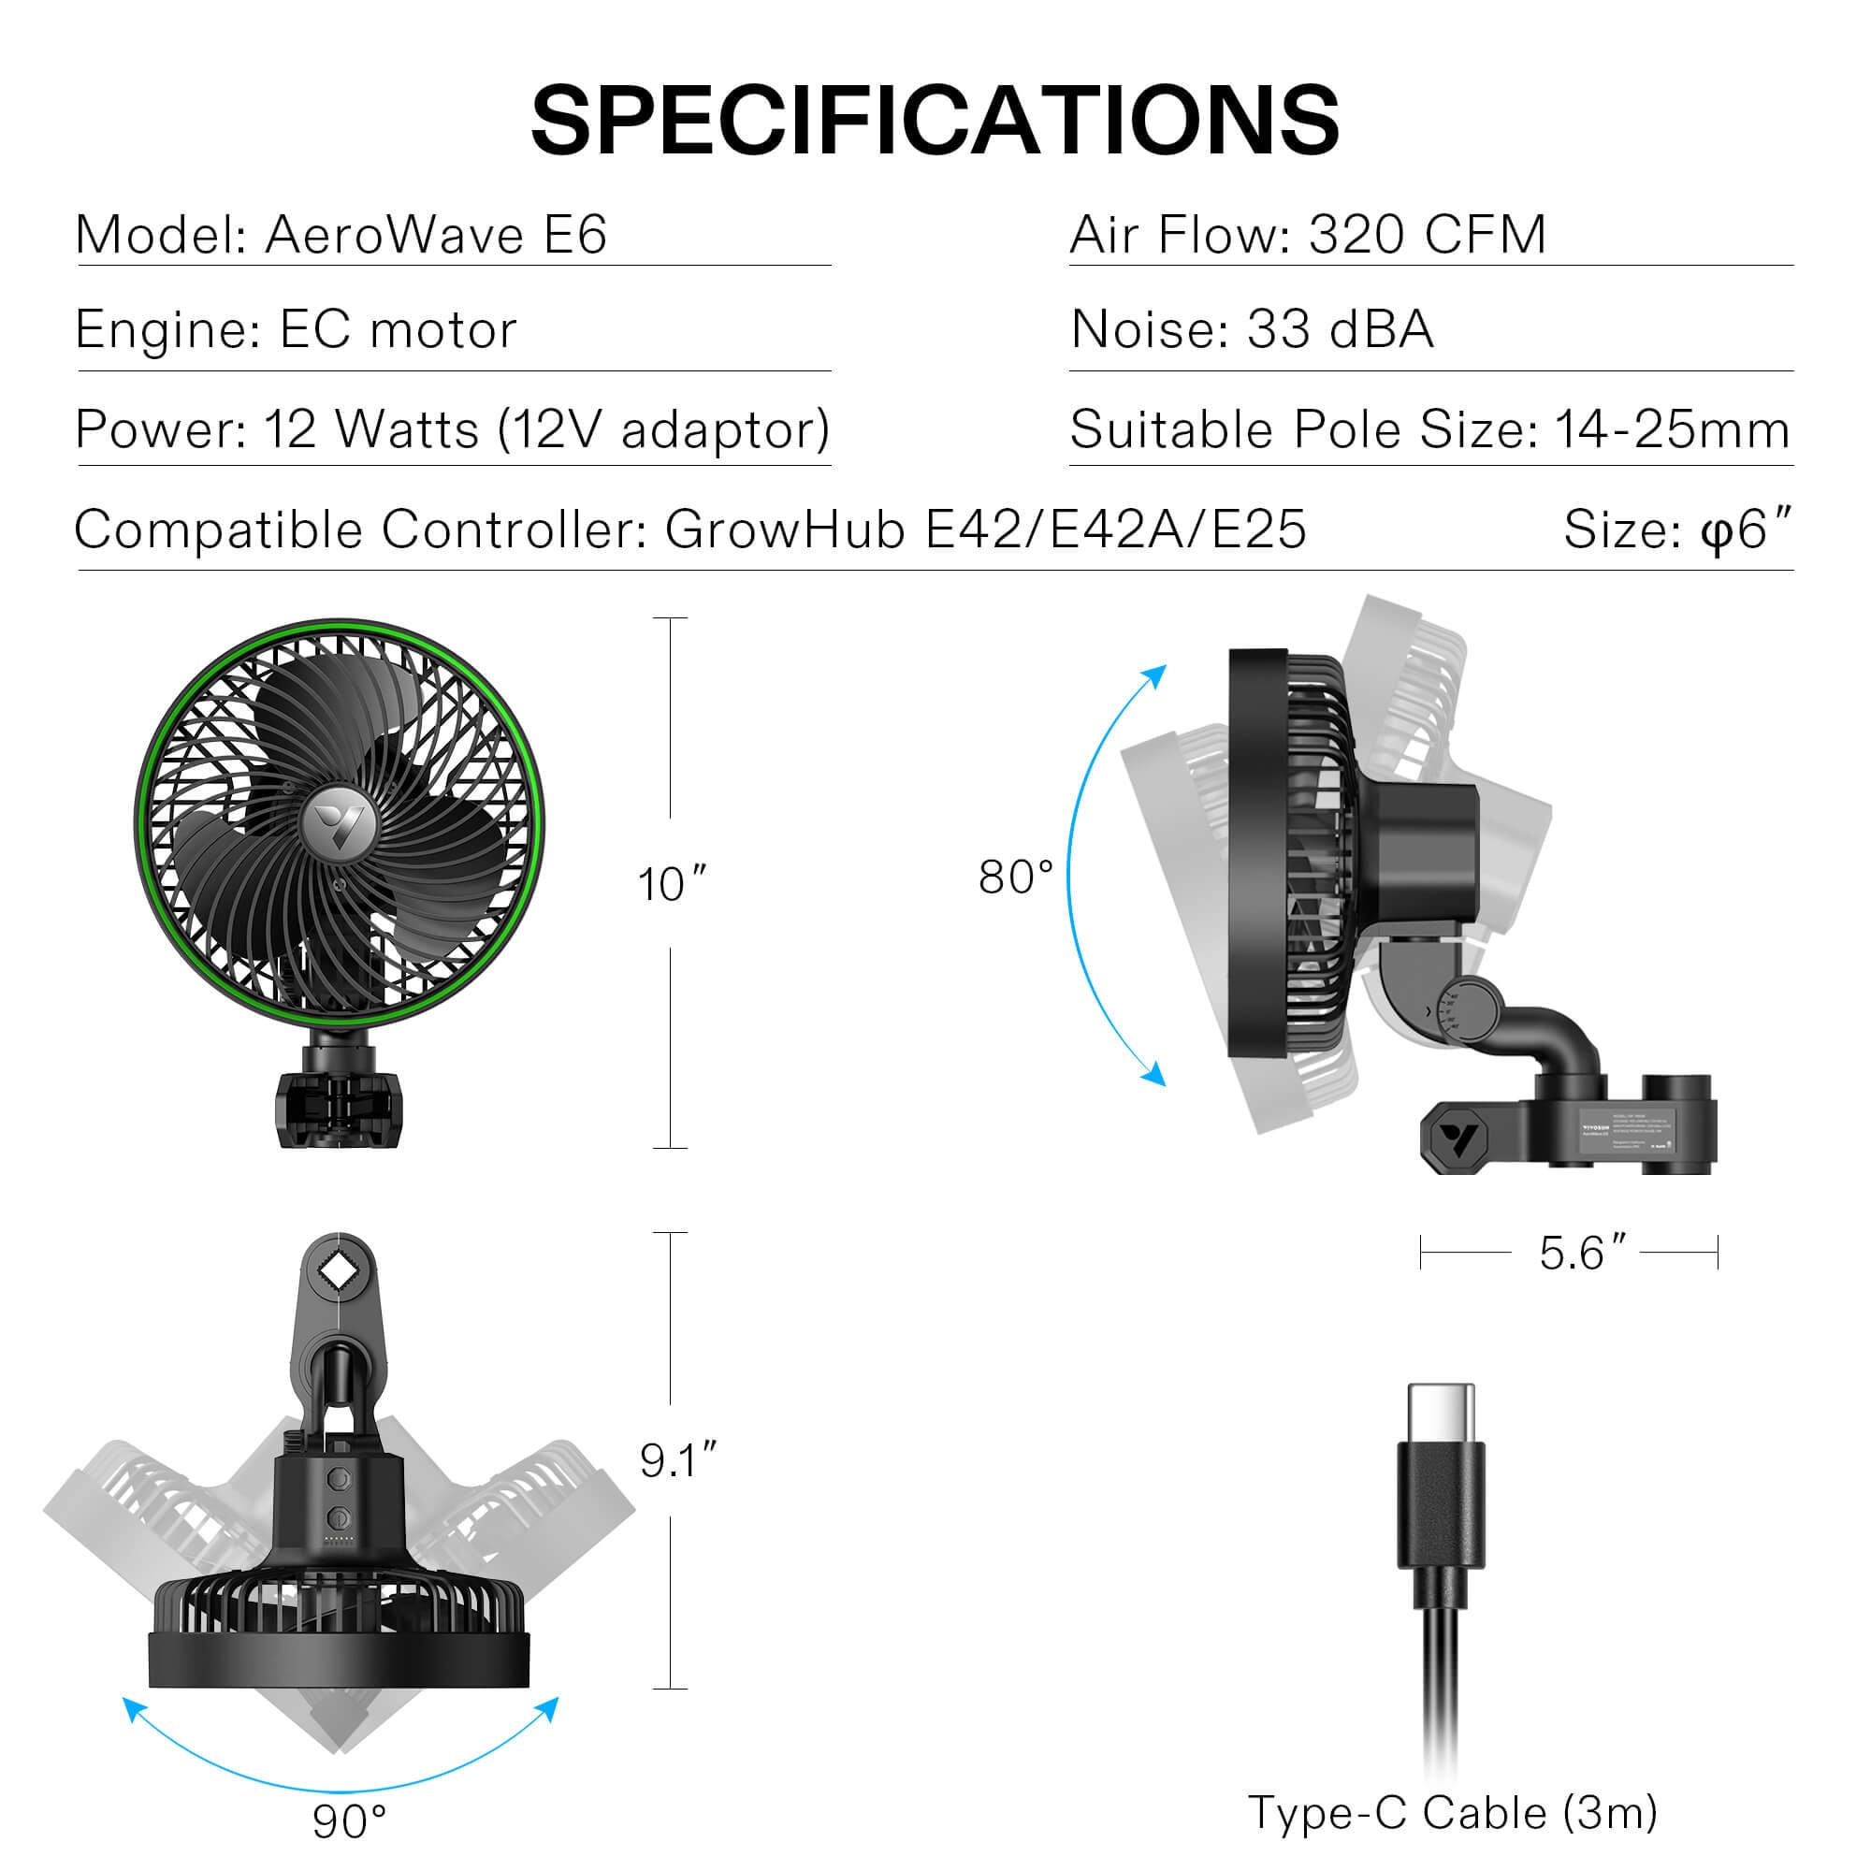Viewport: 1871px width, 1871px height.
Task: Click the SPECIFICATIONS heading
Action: click(x=935, y=121)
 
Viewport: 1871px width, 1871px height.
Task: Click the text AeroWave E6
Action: click(x=436, y=235)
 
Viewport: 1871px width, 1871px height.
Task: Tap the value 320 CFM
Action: click(x=1428, y=235)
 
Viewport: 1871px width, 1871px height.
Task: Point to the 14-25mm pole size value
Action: click(x=1672, y=429)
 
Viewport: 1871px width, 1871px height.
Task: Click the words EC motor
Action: click(x=398, y=330)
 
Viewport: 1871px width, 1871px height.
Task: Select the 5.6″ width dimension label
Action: click(x=1583, y=1254)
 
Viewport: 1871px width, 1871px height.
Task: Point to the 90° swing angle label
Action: click(x=350, y=1821)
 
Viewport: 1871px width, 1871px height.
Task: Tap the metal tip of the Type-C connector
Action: click(x=1441, y=1414)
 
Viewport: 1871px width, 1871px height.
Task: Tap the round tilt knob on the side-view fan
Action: click(x=1462, y=1008)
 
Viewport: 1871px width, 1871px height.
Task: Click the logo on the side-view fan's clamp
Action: click(x=1458, y=1140)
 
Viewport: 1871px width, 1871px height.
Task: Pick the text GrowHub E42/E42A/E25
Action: click(x=985, y=529)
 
